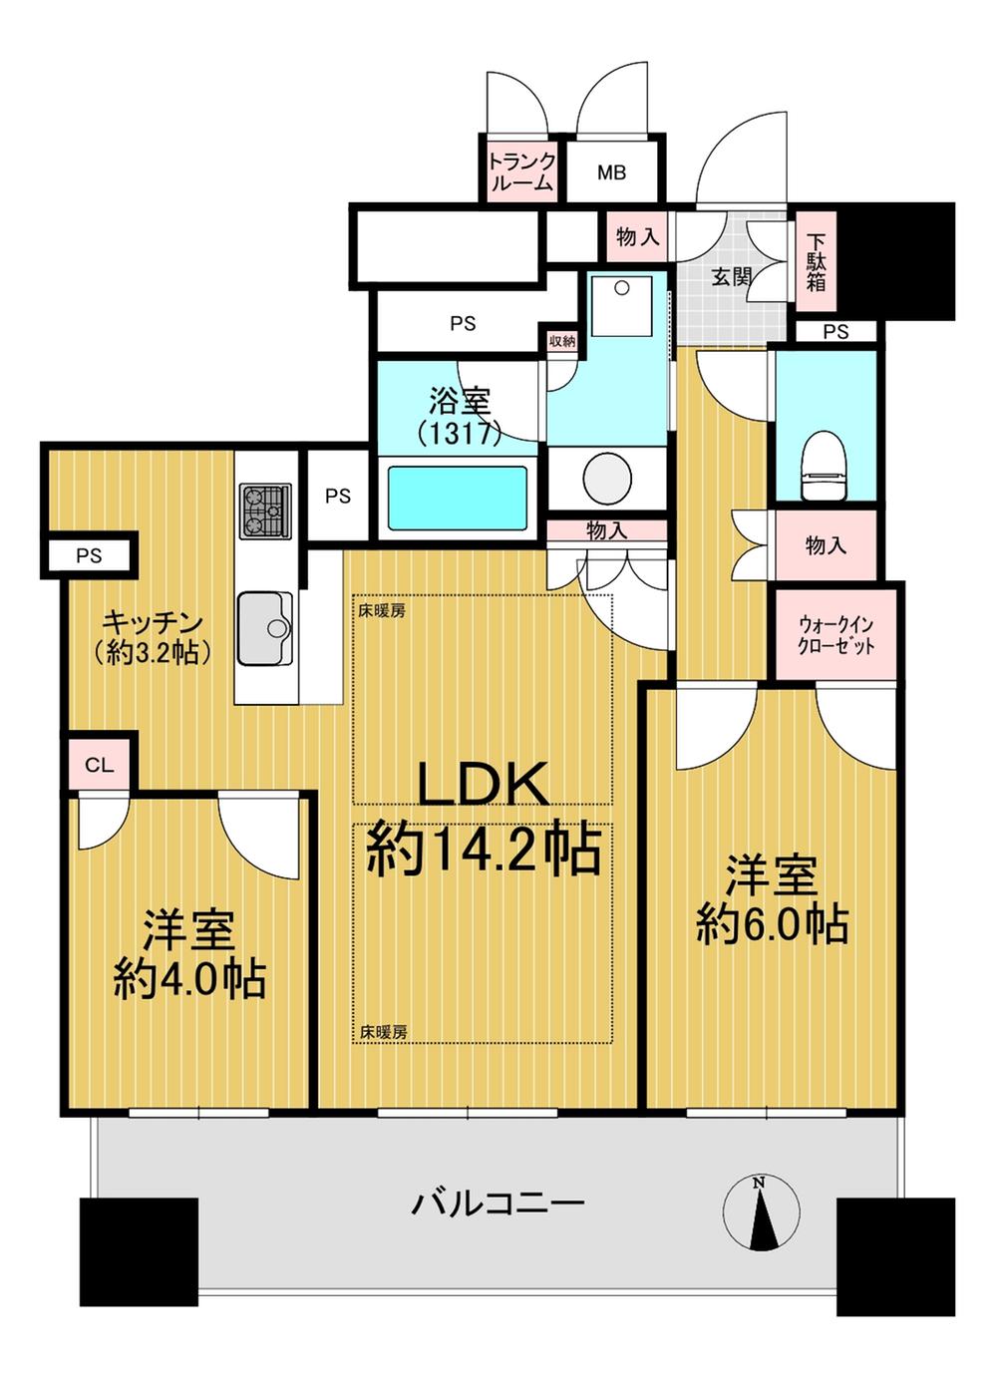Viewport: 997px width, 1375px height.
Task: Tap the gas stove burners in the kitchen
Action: point(266,511)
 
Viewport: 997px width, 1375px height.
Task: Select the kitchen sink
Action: point(265,628)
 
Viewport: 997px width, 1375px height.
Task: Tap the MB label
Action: point(612,172)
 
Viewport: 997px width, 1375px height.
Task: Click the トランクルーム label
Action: point(521,172)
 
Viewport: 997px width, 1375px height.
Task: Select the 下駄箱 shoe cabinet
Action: point(816,260)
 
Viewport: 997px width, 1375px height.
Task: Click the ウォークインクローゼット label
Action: point(835,635)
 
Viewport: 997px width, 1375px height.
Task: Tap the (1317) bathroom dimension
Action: point(459,434)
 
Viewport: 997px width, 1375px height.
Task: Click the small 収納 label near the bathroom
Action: point(561,341)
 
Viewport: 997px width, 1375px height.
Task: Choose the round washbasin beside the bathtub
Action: point(607,479)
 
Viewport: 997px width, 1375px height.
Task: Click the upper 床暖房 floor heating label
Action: point(383,611)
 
